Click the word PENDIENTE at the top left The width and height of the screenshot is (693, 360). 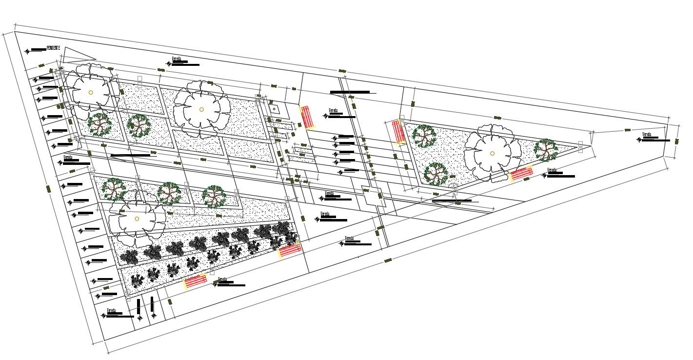(53, 48)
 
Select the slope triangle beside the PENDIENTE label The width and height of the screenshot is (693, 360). (76, 54)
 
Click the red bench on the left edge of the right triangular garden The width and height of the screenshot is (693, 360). (398, 132)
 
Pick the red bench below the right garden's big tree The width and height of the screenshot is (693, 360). (521, 174)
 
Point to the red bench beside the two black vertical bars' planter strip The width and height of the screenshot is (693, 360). (195, 283)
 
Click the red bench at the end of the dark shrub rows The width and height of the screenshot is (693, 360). (290, 251)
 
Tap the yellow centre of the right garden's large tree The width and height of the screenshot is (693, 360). (492, 153)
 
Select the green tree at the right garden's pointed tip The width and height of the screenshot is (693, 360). (546, 150)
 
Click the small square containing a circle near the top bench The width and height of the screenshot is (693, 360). (275, 109)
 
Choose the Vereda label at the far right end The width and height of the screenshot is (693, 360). (647, 134)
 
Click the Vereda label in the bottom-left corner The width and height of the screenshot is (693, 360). (112, 311)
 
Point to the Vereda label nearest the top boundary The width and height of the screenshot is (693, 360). (177, 59)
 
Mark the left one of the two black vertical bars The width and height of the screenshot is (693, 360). (139, 306)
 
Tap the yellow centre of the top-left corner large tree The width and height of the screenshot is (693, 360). (91, 92)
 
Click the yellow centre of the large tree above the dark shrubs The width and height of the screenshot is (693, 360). (137, 219)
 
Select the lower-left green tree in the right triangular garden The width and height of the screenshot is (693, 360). (436, 174)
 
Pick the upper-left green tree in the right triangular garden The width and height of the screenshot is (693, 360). (424, 136)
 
